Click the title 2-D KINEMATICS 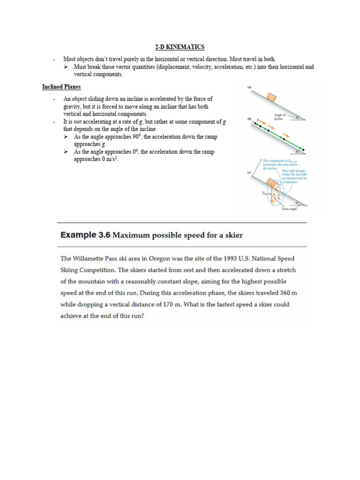[180, 47]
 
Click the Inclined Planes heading [61, 87]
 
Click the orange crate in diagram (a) [271, 98]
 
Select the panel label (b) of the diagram [250, 120]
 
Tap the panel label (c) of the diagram [250, 173]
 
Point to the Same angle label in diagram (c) [289, 209]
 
